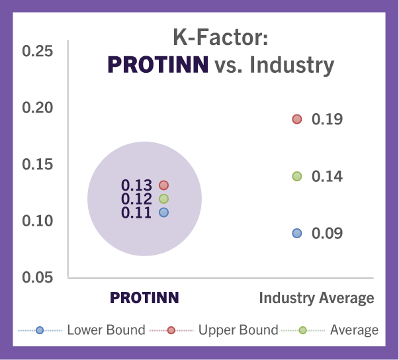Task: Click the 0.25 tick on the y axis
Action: click(x=38, y=51)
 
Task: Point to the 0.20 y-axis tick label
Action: click(x=38, y=108)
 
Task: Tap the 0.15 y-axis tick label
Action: click(x=38, y=164)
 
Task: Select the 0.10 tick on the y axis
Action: click(x=38, y=221)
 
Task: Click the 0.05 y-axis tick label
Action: click(x=38, y=277)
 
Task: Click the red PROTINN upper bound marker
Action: click(x=163, y=185)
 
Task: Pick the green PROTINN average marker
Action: click(x=163, y=199)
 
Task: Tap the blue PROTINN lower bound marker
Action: click(x=163, y=212)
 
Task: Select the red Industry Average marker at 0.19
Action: click(x=297, y=119)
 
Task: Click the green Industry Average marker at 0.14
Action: click(x=297, y=176)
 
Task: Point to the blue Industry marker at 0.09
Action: click(x=297, y=234)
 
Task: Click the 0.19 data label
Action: click(x=328, y=119)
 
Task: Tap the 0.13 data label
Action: click(x=136, y=185)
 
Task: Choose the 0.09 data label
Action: click(x=328, y=234)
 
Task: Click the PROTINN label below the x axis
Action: click(x=144, y=298)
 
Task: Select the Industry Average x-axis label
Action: click(x=316, y=298)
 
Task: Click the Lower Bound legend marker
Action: click(x=40, y=330)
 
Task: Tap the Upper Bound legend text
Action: click(x=238, y=330)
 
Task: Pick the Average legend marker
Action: click(x=303, y=330)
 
